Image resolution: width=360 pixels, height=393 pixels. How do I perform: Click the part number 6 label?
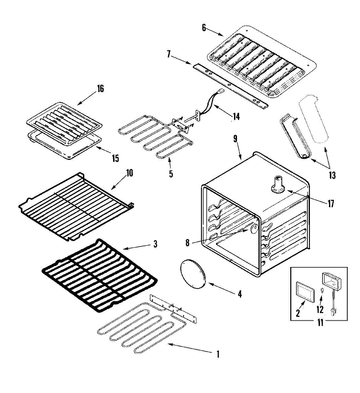(x=204, y=28)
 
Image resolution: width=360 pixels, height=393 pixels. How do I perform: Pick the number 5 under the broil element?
(x=171, y=174)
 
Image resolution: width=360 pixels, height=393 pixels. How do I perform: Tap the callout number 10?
(x=130, y=173)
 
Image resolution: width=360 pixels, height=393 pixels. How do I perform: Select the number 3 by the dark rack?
(x=155, y=244)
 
